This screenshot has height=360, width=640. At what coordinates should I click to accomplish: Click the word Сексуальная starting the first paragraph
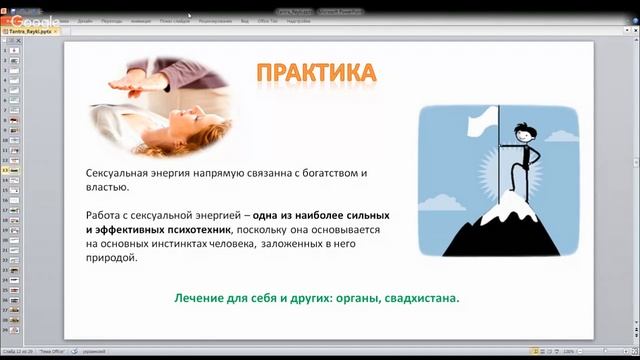118,173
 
